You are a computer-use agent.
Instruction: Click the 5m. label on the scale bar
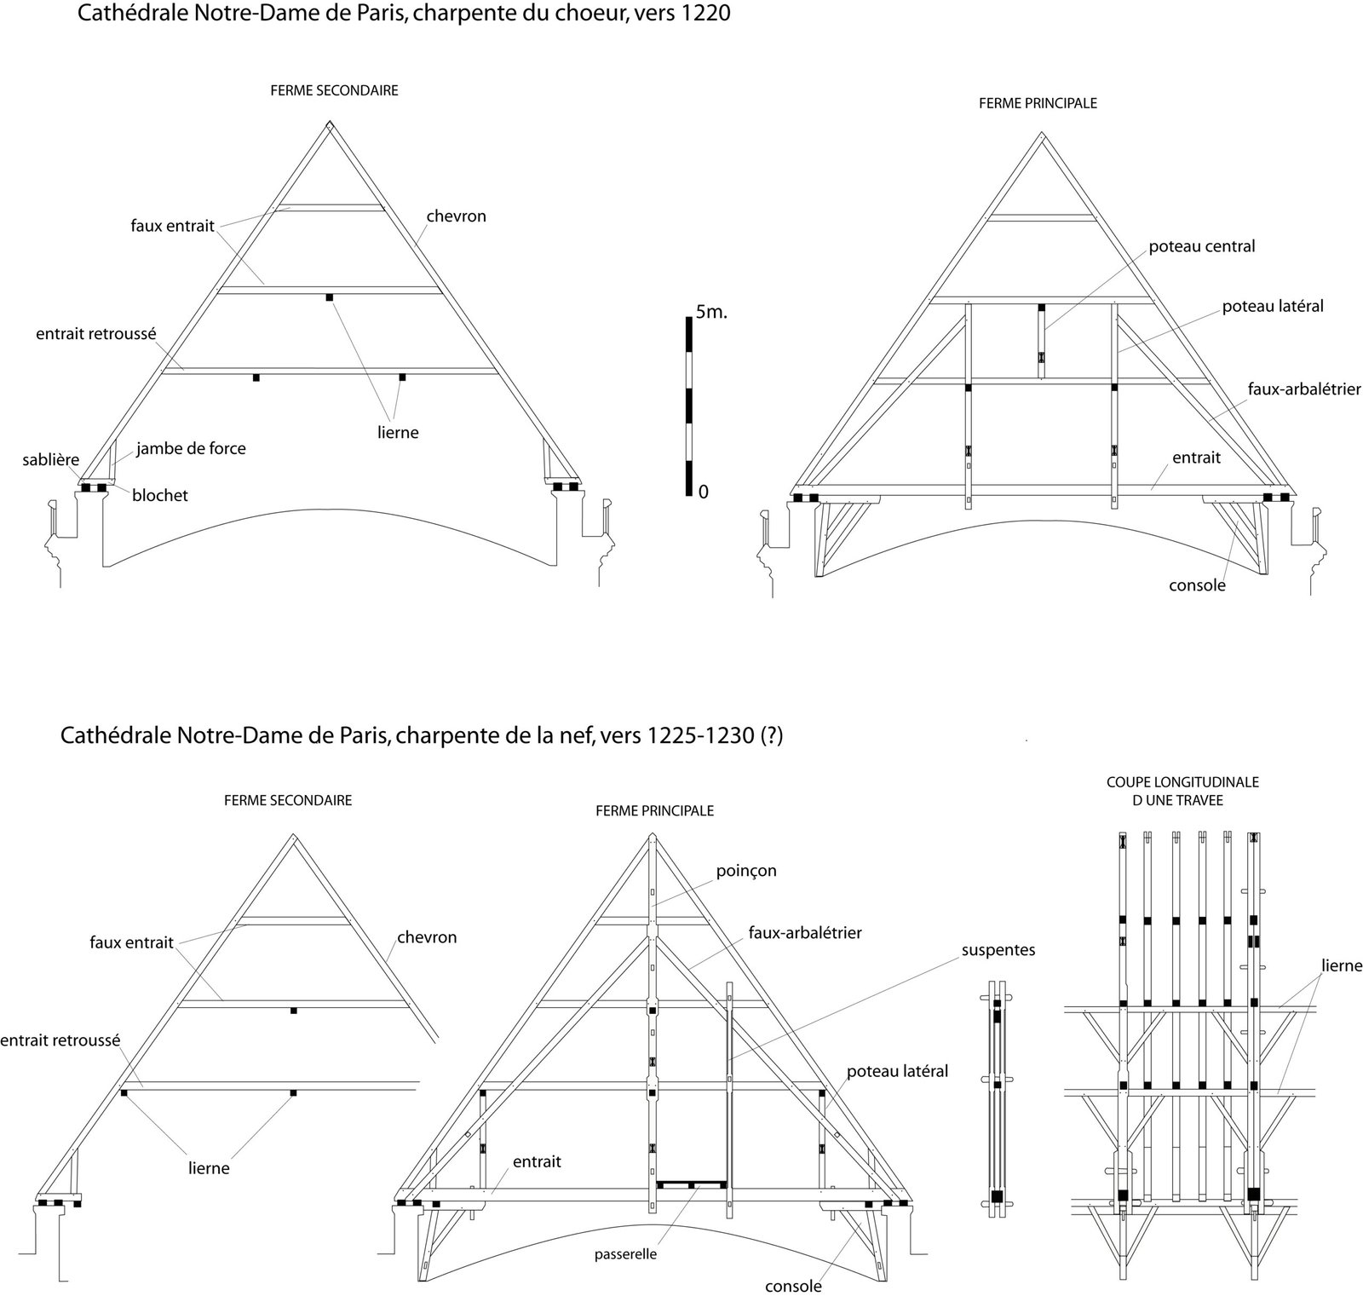(711, 312)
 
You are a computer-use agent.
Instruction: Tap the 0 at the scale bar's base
(703, 492)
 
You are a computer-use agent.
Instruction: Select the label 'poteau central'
(1201, 246)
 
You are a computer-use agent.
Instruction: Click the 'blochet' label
(160, 495)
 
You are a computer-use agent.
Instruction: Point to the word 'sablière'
(50, 460)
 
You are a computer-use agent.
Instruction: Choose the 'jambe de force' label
(191, 448)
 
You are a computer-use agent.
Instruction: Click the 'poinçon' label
(747, 871)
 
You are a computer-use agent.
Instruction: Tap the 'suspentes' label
(998, 949)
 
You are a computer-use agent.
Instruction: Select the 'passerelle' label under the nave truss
(625, 1254)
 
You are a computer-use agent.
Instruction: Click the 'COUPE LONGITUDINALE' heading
(1182, 781)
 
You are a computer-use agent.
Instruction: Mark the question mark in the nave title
(770, 735)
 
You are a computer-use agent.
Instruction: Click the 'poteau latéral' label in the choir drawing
(1273, 305)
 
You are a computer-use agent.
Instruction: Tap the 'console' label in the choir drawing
(1197, 585)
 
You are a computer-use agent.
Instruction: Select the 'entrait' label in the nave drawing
(537, 1161)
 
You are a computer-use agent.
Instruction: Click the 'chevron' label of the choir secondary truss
(456, 216)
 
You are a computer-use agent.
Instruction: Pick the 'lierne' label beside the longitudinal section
(1342, 965)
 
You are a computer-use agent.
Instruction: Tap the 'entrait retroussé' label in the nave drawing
(60, 1040)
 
